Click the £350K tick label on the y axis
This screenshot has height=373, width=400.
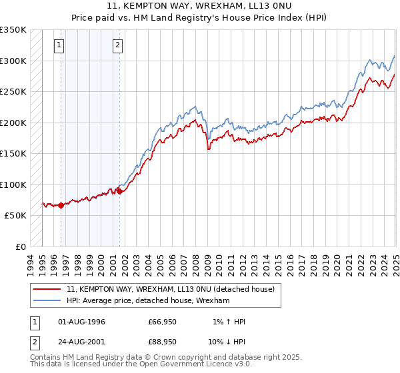[x=13, y=30]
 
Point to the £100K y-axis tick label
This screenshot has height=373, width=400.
[x=13, y=185]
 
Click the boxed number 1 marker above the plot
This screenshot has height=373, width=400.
[x=59, y=45]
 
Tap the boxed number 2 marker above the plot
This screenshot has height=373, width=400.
[x=117, y=45]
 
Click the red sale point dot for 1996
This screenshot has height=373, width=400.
[x=61, y=205]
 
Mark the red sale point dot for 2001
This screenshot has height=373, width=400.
[x=119, y=192]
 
